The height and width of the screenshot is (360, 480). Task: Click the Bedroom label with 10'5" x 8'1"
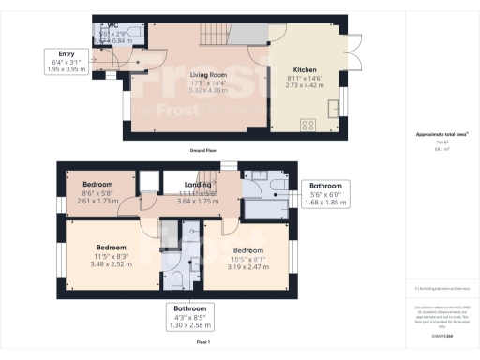247,250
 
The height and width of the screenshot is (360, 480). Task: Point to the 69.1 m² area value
439,148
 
